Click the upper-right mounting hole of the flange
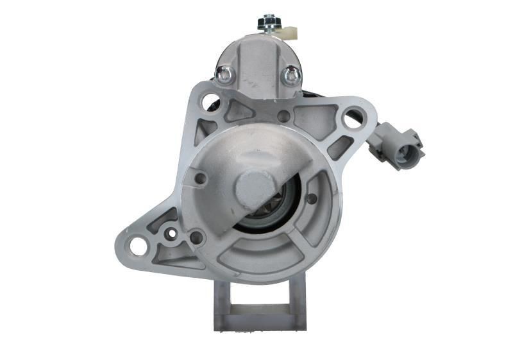(353, 118)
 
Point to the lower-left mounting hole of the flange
(138, 244)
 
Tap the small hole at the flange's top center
(283, 116)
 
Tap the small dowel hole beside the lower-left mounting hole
(171, 234)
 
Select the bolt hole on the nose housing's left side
(200, 179)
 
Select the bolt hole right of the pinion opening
(312, 199)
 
